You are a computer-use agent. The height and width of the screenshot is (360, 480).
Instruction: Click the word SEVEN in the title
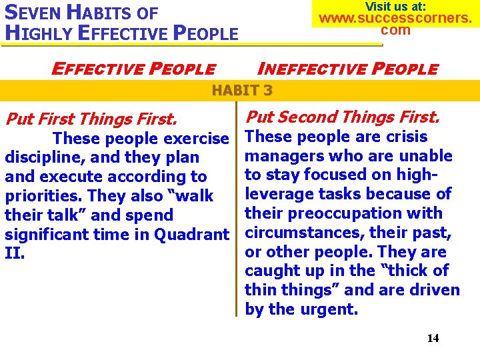tap(29, 12)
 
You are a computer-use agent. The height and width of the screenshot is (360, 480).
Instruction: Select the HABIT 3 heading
tap(241, 91)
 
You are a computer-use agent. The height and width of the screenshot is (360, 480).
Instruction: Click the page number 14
tap(433, 338)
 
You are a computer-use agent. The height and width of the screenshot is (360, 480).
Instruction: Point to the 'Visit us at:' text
tap(395, 6)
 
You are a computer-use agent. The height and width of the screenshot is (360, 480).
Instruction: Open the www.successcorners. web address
tap(395, 18)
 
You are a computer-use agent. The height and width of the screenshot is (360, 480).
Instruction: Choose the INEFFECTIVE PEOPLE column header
tap(348, 69)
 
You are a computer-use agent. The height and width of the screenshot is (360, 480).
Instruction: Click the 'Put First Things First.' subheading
tap(91, 119)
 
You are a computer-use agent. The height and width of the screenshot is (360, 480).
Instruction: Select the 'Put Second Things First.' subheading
tap(343, 117)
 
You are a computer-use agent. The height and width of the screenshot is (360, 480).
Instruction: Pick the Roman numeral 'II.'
tap(15, 254)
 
